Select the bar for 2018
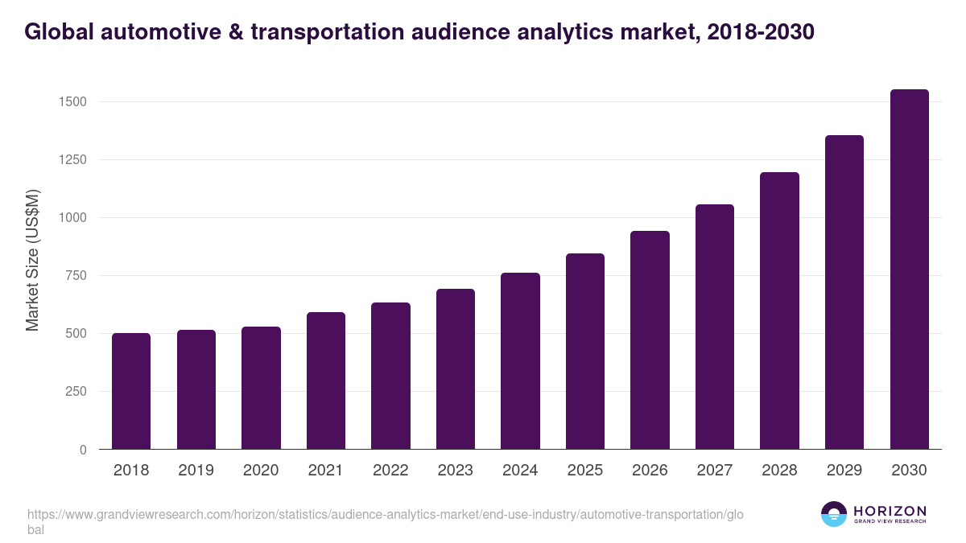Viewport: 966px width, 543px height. (x=131, y=391)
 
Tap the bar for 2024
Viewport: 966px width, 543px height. (x=520, y=361)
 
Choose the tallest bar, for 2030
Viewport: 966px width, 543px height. (x=909, y=269)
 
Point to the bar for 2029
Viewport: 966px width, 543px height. (x=844, y=292)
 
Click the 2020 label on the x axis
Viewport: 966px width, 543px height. (x=261, y=471)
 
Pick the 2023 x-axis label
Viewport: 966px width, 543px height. (x=456, y=471)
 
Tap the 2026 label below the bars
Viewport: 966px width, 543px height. (x=650, y=471)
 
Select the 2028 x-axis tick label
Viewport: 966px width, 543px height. (x=779, y=471)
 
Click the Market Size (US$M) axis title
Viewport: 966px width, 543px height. (x=32, y=260)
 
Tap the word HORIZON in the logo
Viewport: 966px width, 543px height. (x=890, y=511)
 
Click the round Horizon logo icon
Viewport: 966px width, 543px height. (x=834, y=514)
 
